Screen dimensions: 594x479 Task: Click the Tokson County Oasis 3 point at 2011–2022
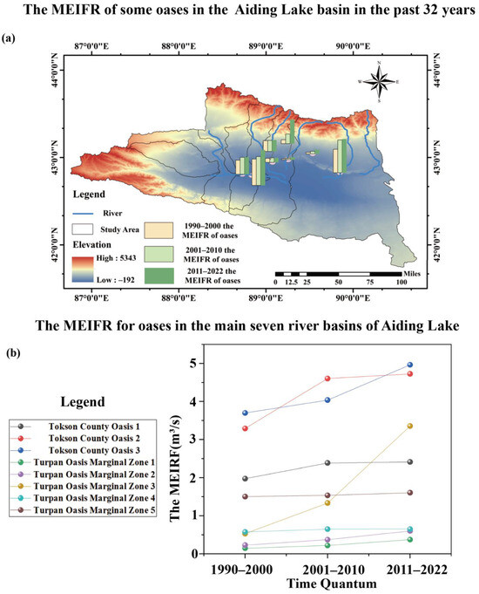coord(409,365)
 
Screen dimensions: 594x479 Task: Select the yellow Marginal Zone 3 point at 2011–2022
coord(409,426)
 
